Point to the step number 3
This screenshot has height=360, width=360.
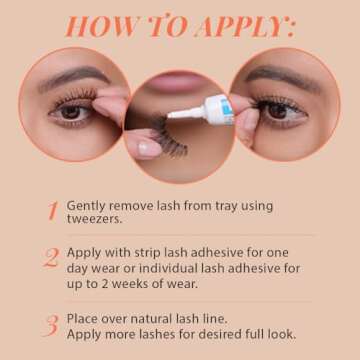(x=51, y=325)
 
